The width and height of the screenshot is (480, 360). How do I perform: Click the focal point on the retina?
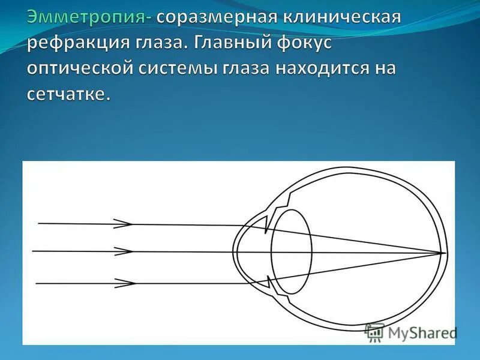point(445,253)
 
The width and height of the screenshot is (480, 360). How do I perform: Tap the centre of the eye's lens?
point(291,252)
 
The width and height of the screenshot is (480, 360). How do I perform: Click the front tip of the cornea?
point(235,253)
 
